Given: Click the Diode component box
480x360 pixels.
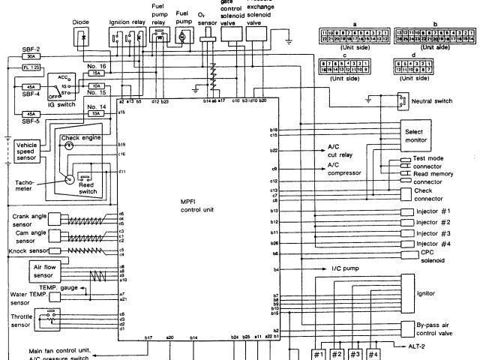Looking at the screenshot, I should coord(84,37).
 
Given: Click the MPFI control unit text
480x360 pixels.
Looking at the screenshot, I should coord(197,205).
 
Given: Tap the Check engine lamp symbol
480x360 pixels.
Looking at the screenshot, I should coord(69,147).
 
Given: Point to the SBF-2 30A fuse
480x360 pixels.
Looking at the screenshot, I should coord(31,56).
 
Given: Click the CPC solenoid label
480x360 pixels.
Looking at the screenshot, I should coord(434,256).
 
